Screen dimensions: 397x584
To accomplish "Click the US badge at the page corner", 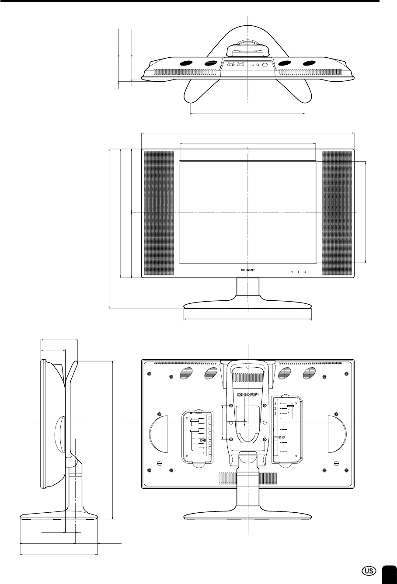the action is (x=369, y=570).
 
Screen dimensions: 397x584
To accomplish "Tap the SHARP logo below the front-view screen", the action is (x=247, y=270).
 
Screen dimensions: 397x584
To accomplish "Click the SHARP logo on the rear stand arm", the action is (x=247, y=394).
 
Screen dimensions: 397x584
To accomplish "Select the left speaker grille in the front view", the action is (x=159, y=213).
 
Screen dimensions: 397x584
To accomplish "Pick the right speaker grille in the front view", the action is (x=337, y=213).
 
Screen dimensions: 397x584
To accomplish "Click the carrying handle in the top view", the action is (x=247, y=51).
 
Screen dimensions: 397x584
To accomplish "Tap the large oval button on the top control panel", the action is (x=265, y=65).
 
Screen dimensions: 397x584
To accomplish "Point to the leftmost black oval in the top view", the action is (x=186, y=63).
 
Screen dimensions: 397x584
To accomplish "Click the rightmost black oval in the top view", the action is (x=310, y=63).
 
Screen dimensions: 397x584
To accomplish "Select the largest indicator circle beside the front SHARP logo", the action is (x=292, y=272).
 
